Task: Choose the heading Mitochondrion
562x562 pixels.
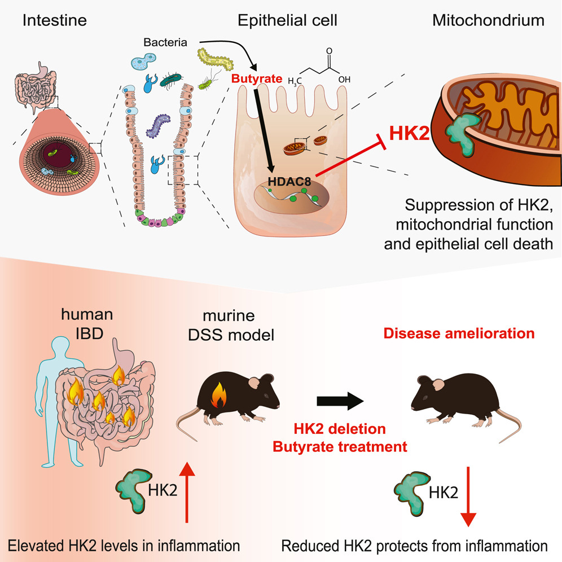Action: point(488,21)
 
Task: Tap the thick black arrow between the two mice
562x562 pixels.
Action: point(340,401)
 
